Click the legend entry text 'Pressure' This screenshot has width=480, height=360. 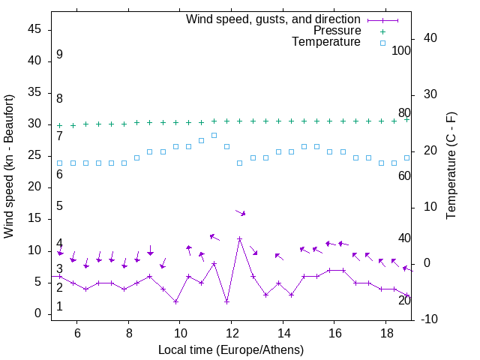pos(337,31)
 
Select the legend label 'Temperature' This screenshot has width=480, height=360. pos(326,42)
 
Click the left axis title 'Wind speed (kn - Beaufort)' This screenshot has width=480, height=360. pos(9,166)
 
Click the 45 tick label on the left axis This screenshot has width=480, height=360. pos(34,29)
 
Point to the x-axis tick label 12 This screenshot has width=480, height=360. pos(232,332)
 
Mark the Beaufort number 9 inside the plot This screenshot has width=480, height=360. pos(59,55)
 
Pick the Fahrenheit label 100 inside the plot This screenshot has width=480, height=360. pos(401,51)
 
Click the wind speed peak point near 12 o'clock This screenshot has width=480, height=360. pos(239,239)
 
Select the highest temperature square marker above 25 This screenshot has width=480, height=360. pos(214,135)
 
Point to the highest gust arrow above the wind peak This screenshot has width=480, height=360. pos(240,213)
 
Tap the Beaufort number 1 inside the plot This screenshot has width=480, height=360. pos(59,307)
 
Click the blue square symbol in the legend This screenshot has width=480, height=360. pos(382,43)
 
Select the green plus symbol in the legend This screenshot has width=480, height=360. pos(382,31)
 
